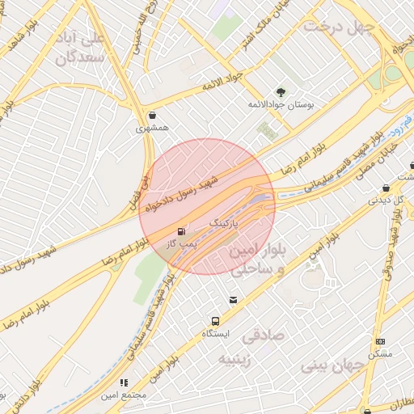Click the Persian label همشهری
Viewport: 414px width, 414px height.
point(152,128)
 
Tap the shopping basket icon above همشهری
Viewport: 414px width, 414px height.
point(152,115)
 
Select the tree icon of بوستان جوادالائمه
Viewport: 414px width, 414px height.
point(281,93)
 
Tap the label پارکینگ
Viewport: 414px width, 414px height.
point(226,221)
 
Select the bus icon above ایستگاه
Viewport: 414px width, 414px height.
point(215,321)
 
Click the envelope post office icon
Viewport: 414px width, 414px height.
point(233,300)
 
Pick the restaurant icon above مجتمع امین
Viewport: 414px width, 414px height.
point(124,382)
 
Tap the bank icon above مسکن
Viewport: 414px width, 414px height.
point(380,342)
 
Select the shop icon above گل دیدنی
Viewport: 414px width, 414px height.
point(386,189)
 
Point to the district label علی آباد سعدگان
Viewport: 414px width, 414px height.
point(81,49)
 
